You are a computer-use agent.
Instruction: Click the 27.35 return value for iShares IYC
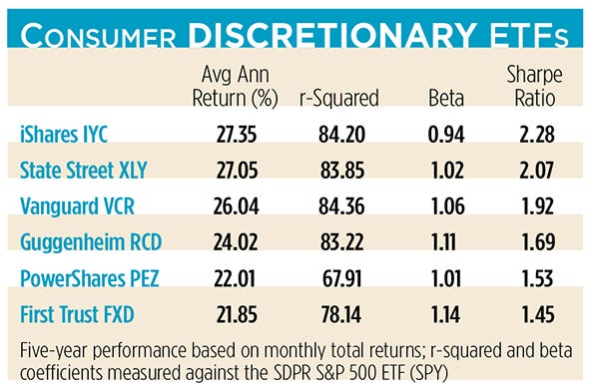[238, 133]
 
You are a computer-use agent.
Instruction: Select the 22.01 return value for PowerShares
[238, 276]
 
